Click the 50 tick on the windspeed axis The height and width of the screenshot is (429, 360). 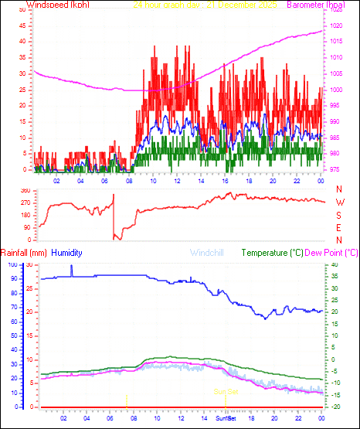pyautogui.click(x=22, y=11)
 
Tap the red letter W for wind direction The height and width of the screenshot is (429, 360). pyautogui.click(x=339, y=202)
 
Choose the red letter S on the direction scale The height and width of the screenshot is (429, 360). pyautogui.click(x=339, y=215)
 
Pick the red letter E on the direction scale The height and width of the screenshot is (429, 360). pyautogui.click(x=339, y=227)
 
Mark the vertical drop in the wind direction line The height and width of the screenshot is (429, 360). pyautogui.click(x=114, y=216)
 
